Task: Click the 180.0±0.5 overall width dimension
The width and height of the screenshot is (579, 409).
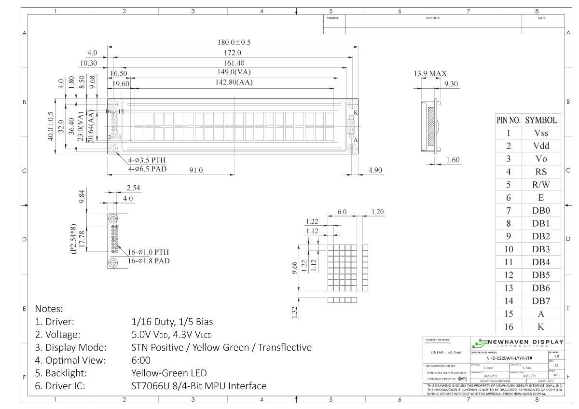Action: pos(234,42)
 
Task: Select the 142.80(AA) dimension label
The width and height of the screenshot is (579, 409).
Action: pos(234,82)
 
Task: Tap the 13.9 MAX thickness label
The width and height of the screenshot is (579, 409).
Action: pos(430,74)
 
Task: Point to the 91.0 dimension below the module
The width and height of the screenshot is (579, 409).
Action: pos(196,170)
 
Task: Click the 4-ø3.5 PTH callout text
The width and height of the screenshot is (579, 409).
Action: pos(147,160)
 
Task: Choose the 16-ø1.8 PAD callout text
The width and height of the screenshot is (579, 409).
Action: pos(149,261)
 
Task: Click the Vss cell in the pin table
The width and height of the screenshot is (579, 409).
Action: pos(540,133)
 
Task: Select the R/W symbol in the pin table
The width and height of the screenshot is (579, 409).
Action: pos(540,185)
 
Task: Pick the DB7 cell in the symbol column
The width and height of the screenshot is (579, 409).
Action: pos(540,301)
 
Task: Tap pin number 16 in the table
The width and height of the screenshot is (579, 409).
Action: pos(509,327)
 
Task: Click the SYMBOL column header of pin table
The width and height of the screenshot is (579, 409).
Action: pos(540,120)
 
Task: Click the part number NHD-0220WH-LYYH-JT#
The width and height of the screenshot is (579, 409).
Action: pos(509,358)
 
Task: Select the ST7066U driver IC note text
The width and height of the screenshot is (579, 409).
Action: pos(199,386)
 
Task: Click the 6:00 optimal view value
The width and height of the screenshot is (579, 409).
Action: pos(141,360)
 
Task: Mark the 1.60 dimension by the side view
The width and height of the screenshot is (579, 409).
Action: pos(453,160)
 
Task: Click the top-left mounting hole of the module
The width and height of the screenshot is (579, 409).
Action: pos(113,105)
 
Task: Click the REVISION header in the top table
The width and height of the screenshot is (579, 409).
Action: pos(433,18)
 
